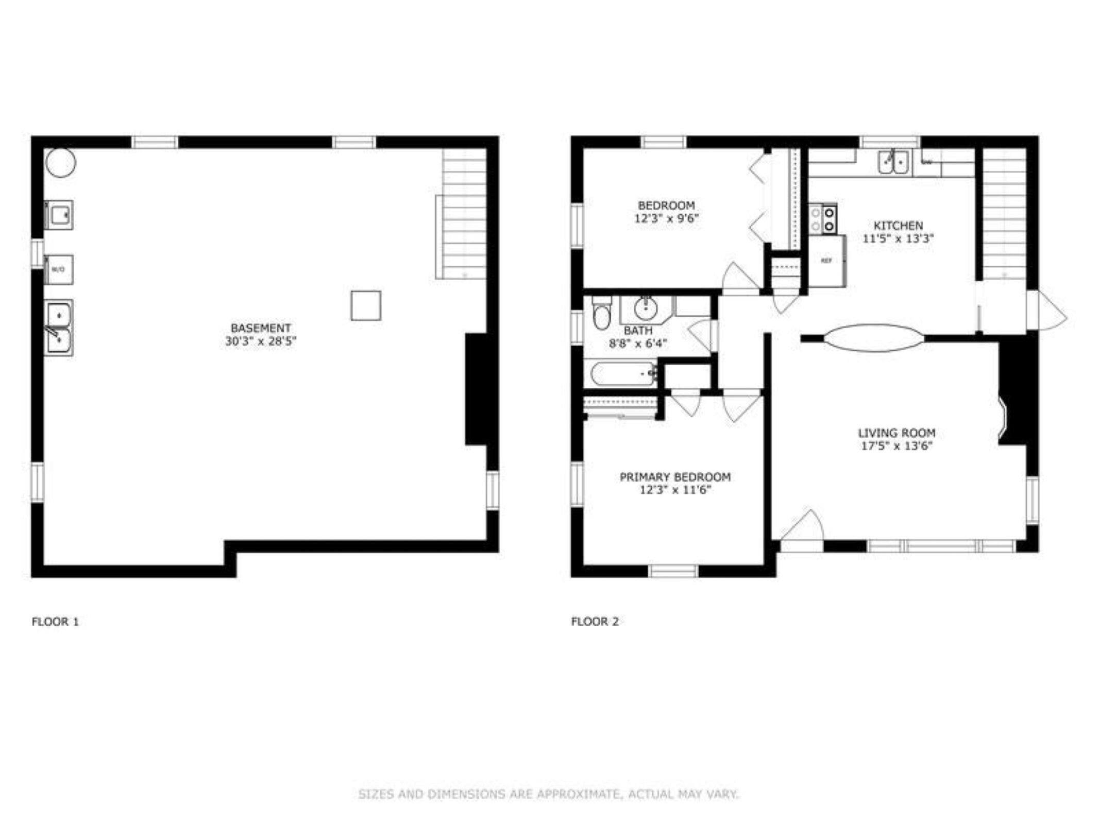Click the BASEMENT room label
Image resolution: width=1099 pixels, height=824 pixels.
click(x=261, y=328)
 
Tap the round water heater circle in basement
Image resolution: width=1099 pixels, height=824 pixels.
click(x=61, y=163)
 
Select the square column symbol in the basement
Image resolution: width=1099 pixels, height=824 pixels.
click(x=366, y=305)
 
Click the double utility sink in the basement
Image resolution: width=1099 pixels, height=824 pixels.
click(x=58, y=328)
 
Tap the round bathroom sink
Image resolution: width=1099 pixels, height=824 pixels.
click(x=645, y=309)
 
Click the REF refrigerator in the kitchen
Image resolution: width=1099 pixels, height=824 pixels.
click(x=826, y=261)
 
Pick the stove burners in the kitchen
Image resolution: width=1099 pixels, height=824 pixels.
click(x=823, y=219)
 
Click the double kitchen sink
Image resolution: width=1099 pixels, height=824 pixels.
click(x=893, y=162)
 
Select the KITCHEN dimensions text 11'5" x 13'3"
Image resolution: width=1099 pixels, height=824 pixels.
click(x=898, y=238)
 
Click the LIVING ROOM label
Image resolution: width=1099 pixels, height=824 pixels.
click(x=897, y=433)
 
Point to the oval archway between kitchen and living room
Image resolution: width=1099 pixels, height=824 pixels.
click(x=874, y=338)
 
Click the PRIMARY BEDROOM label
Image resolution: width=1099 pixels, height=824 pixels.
click(x=675, y=477)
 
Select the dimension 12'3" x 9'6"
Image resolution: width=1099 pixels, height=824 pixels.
click(x=666, y=218)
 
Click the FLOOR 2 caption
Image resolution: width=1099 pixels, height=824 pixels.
click(x=595, y=622)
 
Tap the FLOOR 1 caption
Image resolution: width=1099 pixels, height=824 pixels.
click(x=55, y=622)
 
